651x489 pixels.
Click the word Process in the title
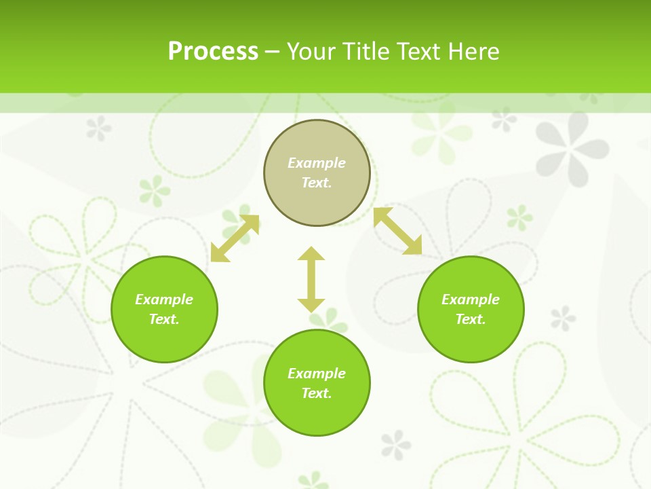coord(213,52)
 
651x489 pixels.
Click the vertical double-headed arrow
coord(311,279)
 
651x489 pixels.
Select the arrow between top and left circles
coord(235,238)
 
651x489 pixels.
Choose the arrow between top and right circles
coord(398,231)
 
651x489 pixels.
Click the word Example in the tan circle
coord(317,163)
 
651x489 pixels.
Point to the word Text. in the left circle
coord(164,319)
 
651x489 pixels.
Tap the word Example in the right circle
coord(471,300)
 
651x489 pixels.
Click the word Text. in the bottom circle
coord(317,393)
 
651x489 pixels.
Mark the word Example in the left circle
coord(164,300)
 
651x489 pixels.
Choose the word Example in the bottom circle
coord(317,374)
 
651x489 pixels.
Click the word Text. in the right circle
coord(471,319)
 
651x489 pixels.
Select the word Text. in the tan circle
coord(317,183)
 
